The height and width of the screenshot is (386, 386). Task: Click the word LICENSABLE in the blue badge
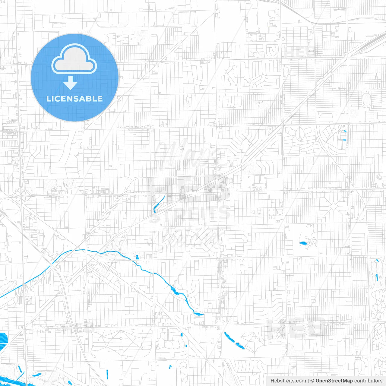[74, 99]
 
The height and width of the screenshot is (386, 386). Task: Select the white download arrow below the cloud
[70, 83]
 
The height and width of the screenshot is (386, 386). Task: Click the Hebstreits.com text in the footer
[288, 381]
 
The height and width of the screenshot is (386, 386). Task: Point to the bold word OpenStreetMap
[334, 381]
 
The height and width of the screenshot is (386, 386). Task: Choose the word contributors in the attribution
[368, 381]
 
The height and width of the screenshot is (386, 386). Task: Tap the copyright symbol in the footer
[312, 381]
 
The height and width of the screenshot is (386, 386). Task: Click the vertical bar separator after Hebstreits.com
[308, 381]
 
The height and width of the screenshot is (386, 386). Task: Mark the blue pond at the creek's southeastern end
[198, 314]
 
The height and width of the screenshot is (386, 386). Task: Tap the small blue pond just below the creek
[138, 257]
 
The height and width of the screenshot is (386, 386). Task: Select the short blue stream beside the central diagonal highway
[158, 204]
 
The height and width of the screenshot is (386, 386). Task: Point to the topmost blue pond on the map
[345, 131]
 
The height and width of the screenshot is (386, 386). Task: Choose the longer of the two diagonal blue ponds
[229, 337]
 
